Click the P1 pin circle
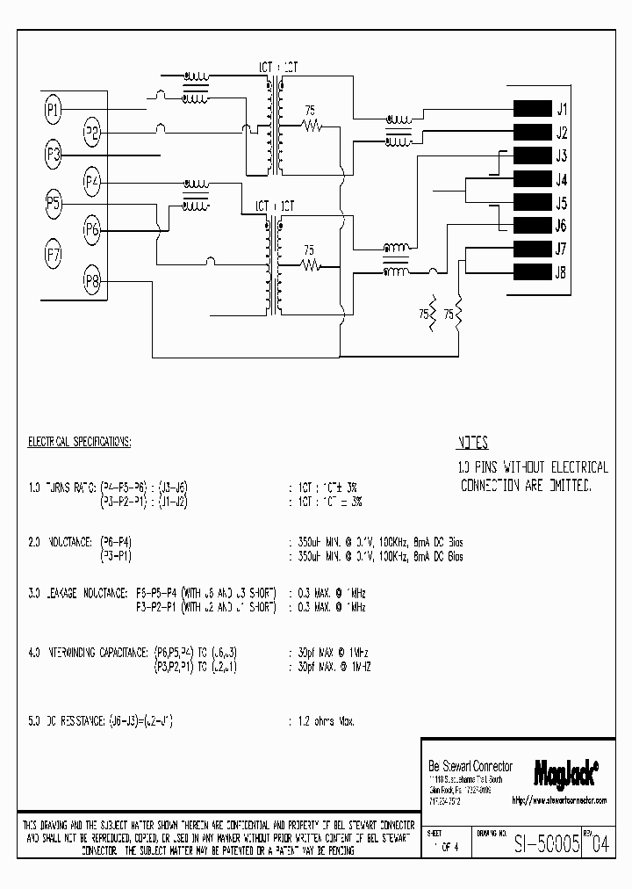click(x=53, y=110)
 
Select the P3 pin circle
click(x=53, y=155)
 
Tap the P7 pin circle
click(x=53, y=256)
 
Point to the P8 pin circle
click(x=92, y=281)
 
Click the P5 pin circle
click(x=53, y=206)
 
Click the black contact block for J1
click(x=529, y=110)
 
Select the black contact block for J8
click(x=529, y=271)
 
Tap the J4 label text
click(x=561, y=179)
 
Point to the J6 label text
click(x=561, y=225)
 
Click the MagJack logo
click(x=565, y=772)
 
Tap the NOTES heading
click(x=472, y=444)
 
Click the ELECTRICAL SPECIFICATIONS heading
click(x=79, y=441)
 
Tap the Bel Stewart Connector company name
click(x=470, y=766)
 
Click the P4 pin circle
click(x=92, y=182)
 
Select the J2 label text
click(x=561, y=134)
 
